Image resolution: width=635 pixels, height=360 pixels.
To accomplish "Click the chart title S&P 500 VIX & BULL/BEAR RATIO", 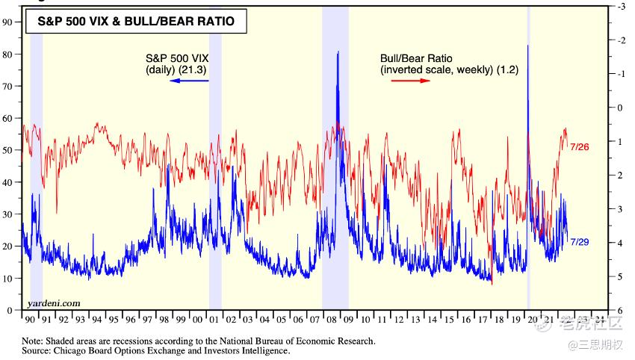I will pos(136,22).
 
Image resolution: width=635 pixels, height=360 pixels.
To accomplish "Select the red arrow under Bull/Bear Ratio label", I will pos(412,80).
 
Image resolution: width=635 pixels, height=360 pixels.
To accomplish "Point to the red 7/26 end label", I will pos(580,146).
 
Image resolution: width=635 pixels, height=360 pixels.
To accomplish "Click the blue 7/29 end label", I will pos(580,241).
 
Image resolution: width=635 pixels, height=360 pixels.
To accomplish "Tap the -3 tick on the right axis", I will pos(620,6).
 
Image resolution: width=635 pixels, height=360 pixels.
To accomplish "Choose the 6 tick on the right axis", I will pos(620,310).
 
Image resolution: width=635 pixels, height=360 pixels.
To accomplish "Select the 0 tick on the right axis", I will pos(620,108).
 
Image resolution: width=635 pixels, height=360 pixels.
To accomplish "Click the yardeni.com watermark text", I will pos(53,302).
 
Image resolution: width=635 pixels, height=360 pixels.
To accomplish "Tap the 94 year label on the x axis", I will pos(97,320).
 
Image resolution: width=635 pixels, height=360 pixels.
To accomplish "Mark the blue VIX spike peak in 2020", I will pos(528,46).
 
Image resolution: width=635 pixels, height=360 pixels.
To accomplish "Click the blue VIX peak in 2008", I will pos(338,52).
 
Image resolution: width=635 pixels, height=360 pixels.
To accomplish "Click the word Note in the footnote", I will pos(32,341).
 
